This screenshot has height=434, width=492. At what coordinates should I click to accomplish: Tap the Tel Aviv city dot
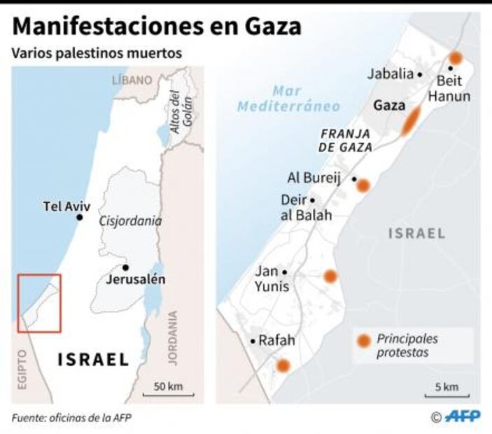(80, 218)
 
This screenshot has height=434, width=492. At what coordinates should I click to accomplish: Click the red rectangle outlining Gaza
(39, 303)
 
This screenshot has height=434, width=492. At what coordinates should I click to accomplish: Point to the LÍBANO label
(132, 80)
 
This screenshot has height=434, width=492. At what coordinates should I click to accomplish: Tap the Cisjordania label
(131, 221)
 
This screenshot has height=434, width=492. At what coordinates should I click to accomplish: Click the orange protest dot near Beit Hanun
(456, 57)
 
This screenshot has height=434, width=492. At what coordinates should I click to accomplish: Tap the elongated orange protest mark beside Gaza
(411, 121)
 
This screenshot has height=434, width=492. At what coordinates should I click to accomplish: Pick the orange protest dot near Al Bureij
(363, 185)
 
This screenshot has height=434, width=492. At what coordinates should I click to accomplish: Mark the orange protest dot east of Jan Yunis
(330, 276)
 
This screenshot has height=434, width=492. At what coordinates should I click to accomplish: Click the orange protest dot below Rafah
(283, 365)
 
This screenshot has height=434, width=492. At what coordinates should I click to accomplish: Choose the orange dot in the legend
(364, 342)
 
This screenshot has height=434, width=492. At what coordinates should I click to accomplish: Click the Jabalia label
(392, 73)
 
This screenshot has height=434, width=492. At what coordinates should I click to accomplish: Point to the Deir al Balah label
(306, 208)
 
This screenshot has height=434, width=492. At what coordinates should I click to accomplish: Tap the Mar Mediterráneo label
(288, 99)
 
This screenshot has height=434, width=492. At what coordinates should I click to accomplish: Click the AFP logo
(463, 416)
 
